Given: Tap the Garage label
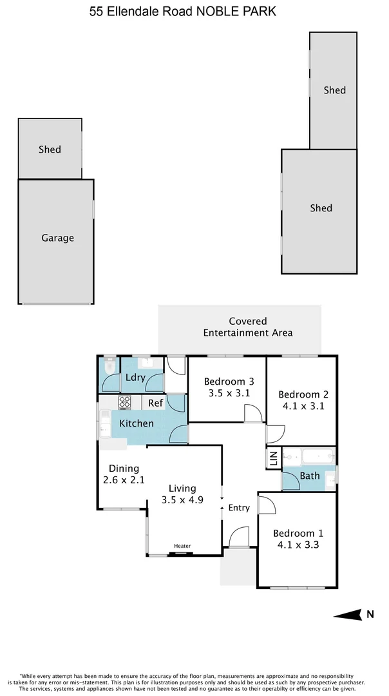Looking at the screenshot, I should (58, 238).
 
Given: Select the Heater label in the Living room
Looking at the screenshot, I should (182, 546).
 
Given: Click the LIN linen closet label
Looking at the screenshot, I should (273, 459).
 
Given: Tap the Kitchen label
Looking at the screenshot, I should (137, 423).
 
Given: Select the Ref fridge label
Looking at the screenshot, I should (155, 403).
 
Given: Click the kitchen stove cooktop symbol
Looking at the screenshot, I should (125, 402).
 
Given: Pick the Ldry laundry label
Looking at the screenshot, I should (135, 378).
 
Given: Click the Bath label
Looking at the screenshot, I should (310, 476).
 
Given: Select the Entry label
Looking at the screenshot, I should (239, 508).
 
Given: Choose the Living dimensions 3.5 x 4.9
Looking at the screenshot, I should (182, 499).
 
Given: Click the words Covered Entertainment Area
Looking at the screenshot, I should (248, 327).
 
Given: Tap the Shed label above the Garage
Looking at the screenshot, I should (50, 149).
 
